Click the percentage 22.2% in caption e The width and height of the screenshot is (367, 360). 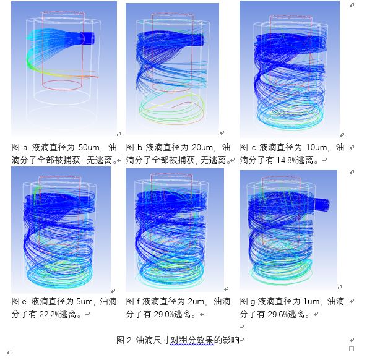[51, 314]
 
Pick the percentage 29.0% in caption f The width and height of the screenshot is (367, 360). [161, 314]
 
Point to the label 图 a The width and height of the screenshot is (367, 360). [20, 148]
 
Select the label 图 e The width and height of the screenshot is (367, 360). [20, 302]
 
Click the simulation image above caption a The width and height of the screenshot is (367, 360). [64, 68]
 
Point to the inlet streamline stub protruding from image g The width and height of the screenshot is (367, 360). [322, 204]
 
